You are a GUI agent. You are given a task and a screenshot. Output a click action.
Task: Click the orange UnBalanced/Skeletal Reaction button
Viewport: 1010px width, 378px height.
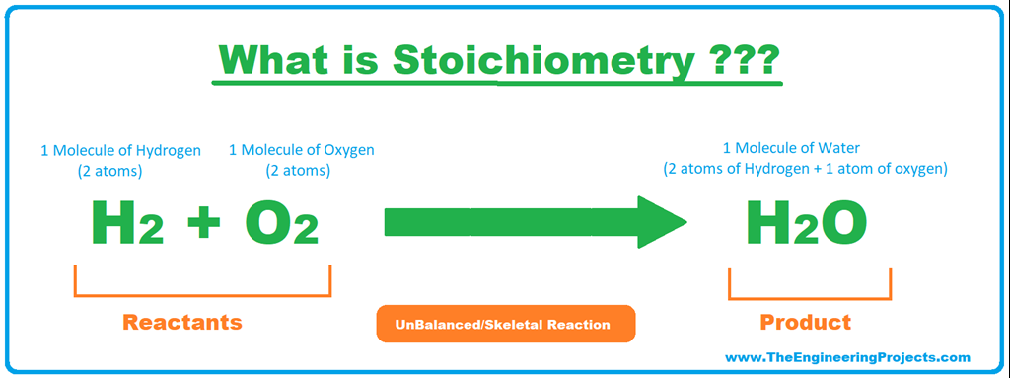pyautogui.click(x=505, y=324)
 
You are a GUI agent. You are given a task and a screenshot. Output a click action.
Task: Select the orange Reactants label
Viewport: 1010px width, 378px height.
pyautogui.click(x=182, y=322)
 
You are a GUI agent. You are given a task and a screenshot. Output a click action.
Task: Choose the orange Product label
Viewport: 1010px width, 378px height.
pyautogui.click(x=805, y=322)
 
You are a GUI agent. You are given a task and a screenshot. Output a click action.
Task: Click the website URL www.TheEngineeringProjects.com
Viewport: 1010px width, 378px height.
pyautogui.click(x=847, y=357)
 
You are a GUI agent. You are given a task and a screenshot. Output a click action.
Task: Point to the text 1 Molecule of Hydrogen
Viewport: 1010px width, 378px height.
pyautogui.click(x=120, y=151)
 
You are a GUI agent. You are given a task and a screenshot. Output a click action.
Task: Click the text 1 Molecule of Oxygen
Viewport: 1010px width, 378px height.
pyautogui.click(x=302, y=151)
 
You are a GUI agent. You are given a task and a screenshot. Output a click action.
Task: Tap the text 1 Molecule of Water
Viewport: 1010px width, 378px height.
pyautogui.click(x=805, y=149)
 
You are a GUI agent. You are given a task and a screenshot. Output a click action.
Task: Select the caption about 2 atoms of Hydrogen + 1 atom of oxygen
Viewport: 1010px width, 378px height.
pyautogui.click(x=805, y=169)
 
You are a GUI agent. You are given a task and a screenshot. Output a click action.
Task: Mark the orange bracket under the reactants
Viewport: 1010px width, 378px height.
pyautogui.click(x=202, y=294)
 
